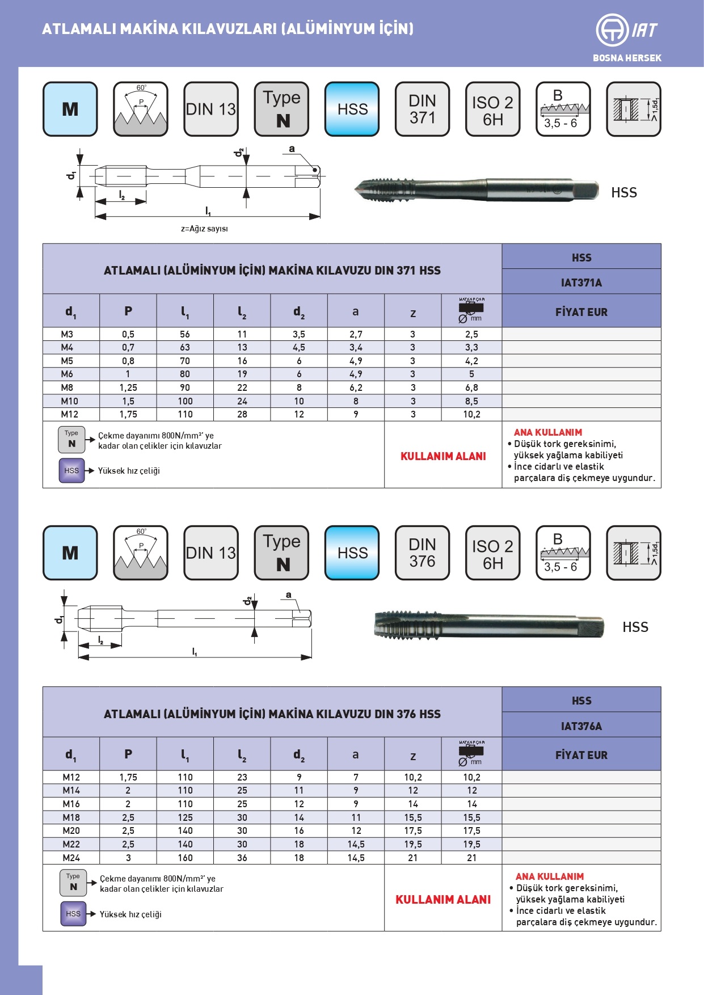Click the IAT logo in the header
(x=626, y=30)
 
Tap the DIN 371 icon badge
(x=422, y=109)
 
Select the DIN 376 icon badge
(x=422, y=553)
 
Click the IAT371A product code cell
(x=581, y=283)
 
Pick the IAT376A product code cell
(x=581, y=726)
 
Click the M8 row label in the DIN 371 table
(x=67, y=388)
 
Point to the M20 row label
(x=71, y=831)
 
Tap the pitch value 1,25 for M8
(x=128, y=388)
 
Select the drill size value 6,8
(x=471, y=388)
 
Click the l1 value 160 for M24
(x=185, y=858)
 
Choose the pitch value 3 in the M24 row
(x=128, y=858)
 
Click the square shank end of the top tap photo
(x=585, y=190)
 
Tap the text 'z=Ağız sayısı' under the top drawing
(x=204, y=229)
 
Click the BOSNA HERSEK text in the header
(x=627, y=58)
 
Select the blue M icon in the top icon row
(x=70, y=109)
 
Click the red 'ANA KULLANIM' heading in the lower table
(x=549, y=876)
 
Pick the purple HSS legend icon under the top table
(x=71, y=471)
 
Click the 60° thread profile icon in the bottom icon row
(x=141, y=553)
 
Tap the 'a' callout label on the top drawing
(x=292, y=149)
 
